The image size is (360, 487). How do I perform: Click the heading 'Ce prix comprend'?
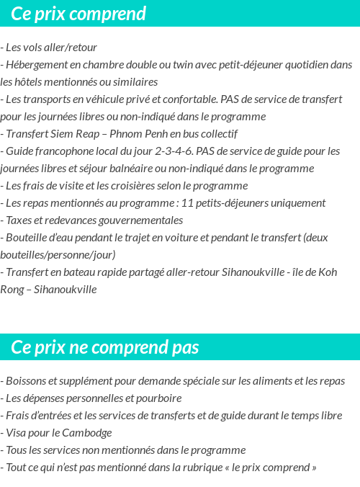coord(78,14)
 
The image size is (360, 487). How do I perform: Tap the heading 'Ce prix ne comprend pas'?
coord(105,347)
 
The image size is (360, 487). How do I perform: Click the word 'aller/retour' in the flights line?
coord(71,48)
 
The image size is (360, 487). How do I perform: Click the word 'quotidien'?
coord(304,65)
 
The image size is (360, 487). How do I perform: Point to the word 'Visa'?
coord(17,433)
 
